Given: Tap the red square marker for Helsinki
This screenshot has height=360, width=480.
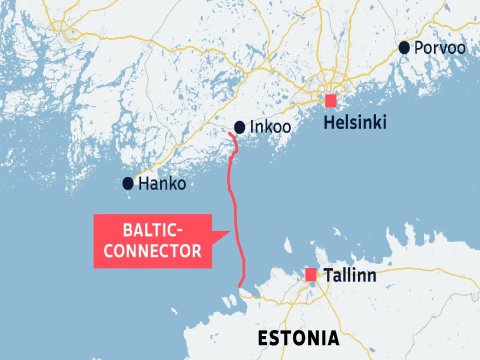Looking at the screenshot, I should click(x=331, y=100).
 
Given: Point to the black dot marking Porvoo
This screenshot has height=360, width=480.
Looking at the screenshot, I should click(x=405, y=48).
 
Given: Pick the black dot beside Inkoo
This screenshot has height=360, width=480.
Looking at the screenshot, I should click(x=239, y=127).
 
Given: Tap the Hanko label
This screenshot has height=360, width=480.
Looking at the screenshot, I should click(x=162, y=184).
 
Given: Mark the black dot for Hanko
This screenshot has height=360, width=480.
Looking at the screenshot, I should click(x=128, y=183).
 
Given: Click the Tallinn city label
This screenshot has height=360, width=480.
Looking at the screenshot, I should click(x=349, y=274).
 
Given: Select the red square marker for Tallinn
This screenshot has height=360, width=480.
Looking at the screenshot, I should click(x=311, y=274).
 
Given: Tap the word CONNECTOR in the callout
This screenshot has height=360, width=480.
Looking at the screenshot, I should click(x=153, y=251).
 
